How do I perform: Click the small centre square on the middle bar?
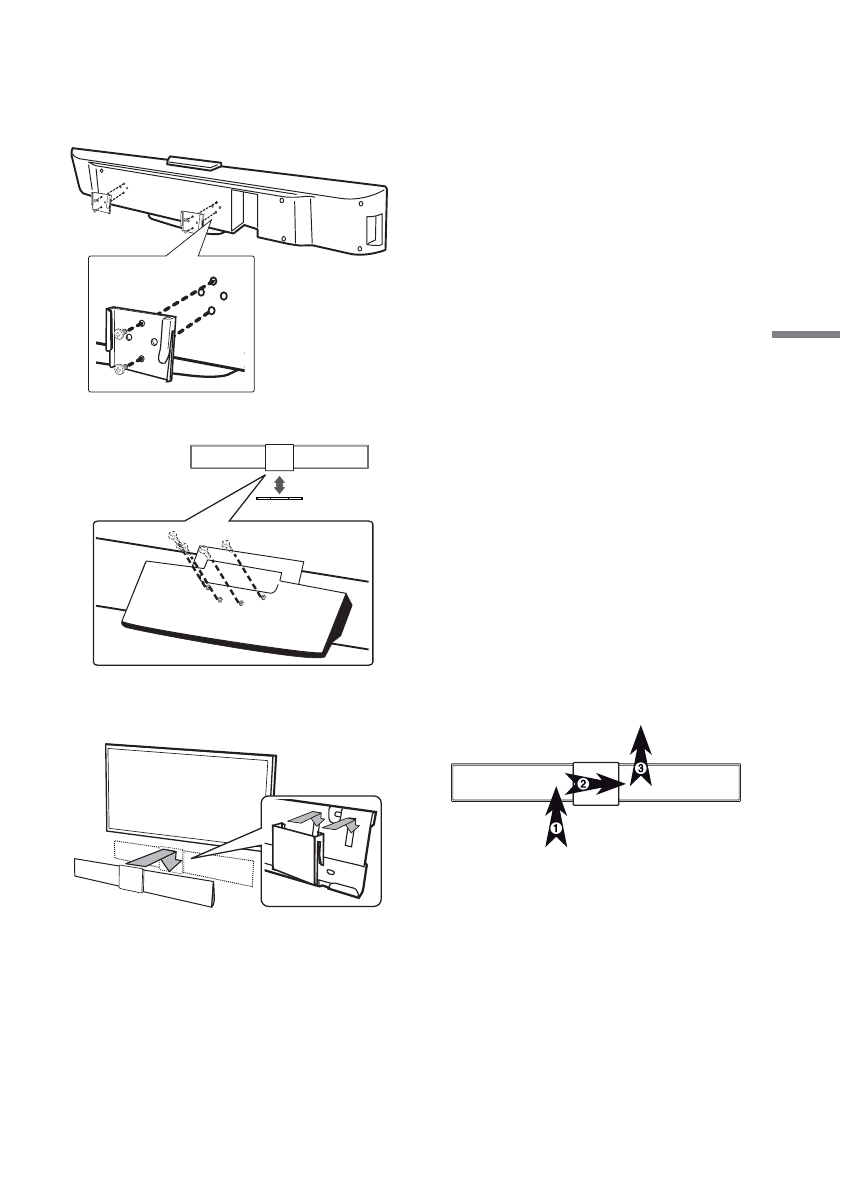(x=280, y=458)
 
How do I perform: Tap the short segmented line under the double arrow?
(x=280, y=496)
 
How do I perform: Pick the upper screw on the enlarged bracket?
(x=119, y=333)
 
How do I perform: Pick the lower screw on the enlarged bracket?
(x=119, y=368)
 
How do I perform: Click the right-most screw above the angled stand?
(x=228, y=546)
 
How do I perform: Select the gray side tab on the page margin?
(x=806, y=335)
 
